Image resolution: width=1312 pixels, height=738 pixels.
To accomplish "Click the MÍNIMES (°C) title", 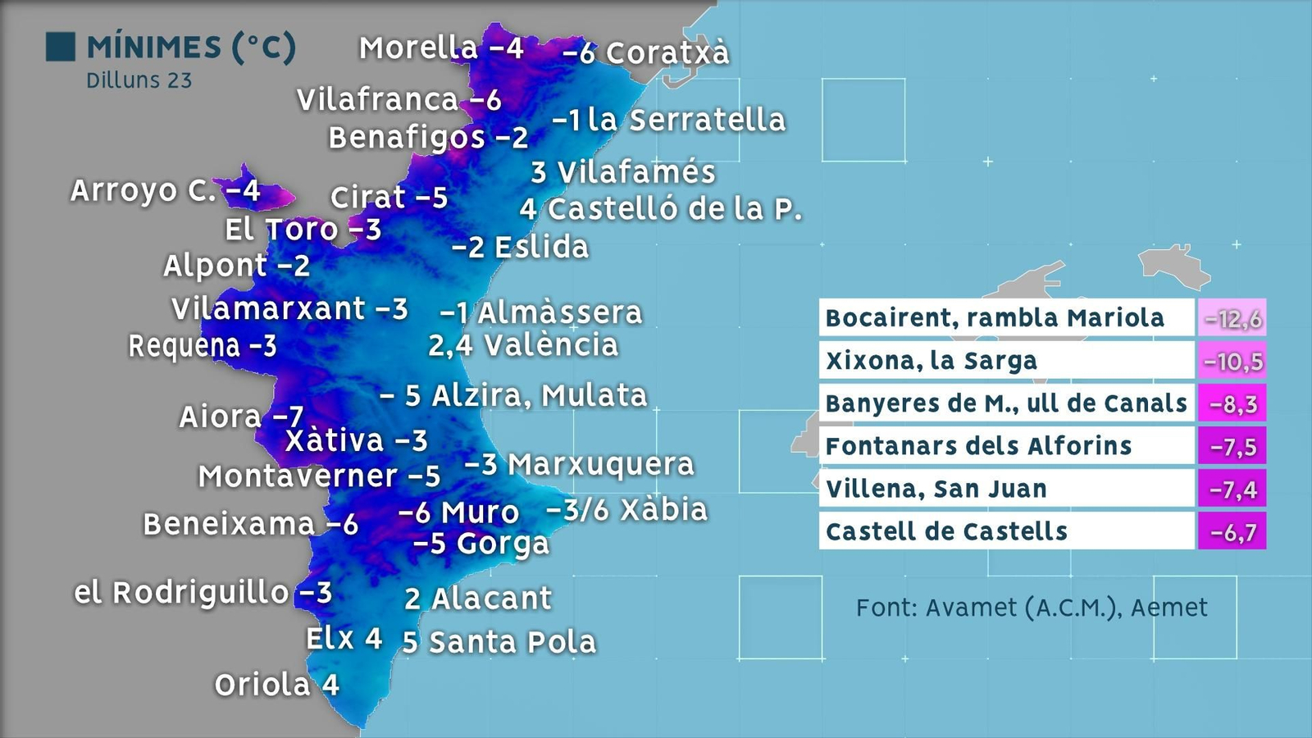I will pos(191,48).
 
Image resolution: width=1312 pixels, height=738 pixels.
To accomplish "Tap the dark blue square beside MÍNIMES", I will pos(61,47).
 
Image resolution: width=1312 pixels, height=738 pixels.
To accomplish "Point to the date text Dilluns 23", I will pos(139,80).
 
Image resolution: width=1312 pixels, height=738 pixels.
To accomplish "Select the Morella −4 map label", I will pos(441,48).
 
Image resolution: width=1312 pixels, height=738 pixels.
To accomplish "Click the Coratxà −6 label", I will pos(645,53).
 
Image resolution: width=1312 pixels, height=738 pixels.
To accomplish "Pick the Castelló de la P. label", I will pos(660,209).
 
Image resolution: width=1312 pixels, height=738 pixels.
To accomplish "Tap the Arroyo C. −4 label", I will pos(165,190).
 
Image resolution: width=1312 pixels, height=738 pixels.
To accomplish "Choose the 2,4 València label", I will pos(523,345).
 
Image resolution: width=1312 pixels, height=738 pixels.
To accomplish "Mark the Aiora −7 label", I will pos(241,417).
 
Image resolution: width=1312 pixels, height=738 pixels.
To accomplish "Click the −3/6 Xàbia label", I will pos(626,510).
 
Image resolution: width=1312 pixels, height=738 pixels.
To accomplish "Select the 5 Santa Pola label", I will pos(499,642).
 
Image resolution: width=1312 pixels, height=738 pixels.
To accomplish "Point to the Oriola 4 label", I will pos(276,685).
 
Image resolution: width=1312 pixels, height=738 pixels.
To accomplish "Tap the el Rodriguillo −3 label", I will pos(203,592).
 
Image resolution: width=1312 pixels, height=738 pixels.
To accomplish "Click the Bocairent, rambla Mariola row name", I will pos(995,318).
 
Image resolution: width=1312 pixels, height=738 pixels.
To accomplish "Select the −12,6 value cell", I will pos(1232,318).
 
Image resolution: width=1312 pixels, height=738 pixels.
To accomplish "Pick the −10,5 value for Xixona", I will pos(1232,361).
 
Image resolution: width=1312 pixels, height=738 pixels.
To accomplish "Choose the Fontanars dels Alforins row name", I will pos(978,446).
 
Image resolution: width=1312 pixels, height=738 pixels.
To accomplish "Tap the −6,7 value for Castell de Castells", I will pos(1232,531).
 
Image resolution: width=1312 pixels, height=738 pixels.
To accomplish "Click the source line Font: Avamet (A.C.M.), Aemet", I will pos(1032,608).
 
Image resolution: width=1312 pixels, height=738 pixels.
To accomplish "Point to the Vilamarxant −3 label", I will pos(289,309).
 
